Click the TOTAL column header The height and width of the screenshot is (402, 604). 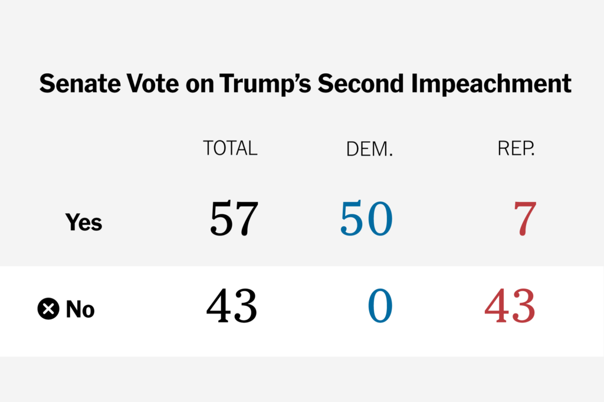pos(230,148)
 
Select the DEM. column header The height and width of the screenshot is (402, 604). pos(369,150)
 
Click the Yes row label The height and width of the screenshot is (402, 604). pos(83,223)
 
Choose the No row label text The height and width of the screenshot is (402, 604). pos(80,309)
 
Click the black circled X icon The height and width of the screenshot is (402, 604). pos(48,309)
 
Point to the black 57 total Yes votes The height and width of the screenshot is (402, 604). pos(234,219)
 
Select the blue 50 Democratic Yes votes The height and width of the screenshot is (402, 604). pos(366,219)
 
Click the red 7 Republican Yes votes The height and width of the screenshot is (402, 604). pos(524,219)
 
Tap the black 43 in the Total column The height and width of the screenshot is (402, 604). pos(232,306)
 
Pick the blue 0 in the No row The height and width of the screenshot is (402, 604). pos(380,306)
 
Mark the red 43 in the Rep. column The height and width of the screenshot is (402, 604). pos(510,306)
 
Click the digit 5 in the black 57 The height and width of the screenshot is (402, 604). pos(221,219)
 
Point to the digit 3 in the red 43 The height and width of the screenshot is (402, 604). pos(524,306)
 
